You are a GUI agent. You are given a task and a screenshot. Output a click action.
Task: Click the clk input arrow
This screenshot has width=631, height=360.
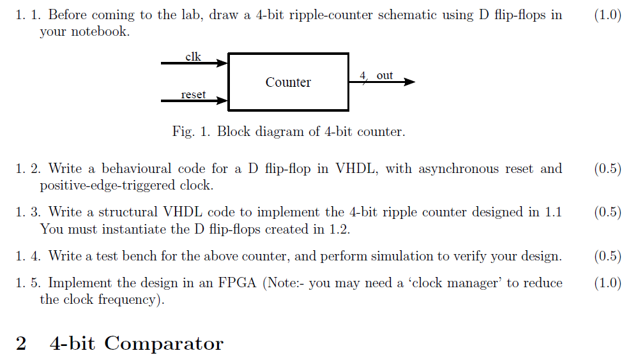pyautogui.click(x=194, y=63)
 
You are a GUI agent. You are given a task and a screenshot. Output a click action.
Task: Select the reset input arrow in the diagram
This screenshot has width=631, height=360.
pyautogui.click(x=194, y=101)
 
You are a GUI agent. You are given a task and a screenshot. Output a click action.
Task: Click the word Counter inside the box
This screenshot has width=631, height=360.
pyautogui.click(x=288, y=82)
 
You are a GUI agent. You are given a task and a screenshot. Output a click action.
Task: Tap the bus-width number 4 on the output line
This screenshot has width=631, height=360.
pyautogui.click(x=363, y=75)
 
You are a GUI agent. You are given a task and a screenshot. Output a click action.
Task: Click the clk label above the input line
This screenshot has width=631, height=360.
pyautogui.click(x=193, y=57)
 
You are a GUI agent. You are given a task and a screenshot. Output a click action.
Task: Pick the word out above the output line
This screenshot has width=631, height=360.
pyautogui.click(x=384, y=75)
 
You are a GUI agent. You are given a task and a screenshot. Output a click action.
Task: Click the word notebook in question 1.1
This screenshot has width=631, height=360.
pyautogui.click(x=100, y=31)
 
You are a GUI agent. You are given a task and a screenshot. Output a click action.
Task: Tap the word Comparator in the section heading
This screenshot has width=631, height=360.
pyautogui.click(x=163, y=343)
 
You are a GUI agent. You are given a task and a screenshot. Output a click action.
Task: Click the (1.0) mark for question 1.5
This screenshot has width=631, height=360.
pyautogui.click(x=607, y=282)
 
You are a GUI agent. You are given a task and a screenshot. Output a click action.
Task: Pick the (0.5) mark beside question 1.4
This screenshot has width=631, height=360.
pyautogui.click(x=607, y=256)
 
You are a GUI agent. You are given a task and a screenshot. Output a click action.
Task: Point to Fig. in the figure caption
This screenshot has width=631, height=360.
pyautogui.click(x=183, y=132)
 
